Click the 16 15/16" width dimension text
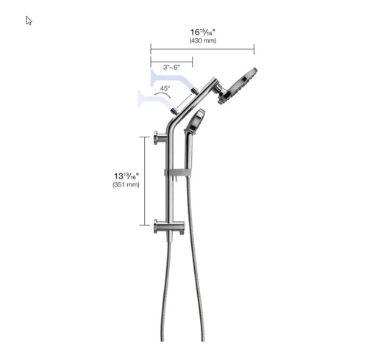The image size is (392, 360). click(202, 32)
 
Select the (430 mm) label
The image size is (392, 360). click(202, 41)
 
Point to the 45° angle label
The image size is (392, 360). click(164, 89)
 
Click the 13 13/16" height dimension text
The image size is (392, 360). click(126, 176)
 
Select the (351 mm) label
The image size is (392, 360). click(126, 185)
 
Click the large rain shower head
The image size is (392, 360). click(240, 84)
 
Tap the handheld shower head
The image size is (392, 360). click(195, 120)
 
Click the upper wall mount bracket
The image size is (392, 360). click(161, 135)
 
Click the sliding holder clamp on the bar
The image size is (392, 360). click(177, 173)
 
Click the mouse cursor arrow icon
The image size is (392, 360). click(29, 21)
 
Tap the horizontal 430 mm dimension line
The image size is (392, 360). click(202, 50)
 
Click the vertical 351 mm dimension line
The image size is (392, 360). click(144, 180)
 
